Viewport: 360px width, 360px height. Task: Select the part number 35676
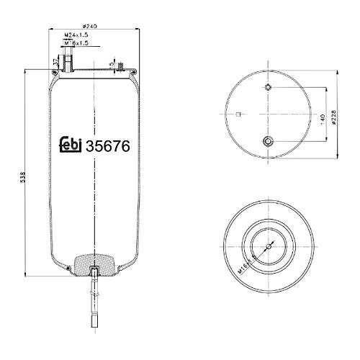(107, 145)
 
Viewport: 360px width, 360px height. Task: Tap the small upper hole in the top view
(268, 88)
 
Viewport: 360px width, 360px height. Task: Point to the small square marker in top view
(239, 115)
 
